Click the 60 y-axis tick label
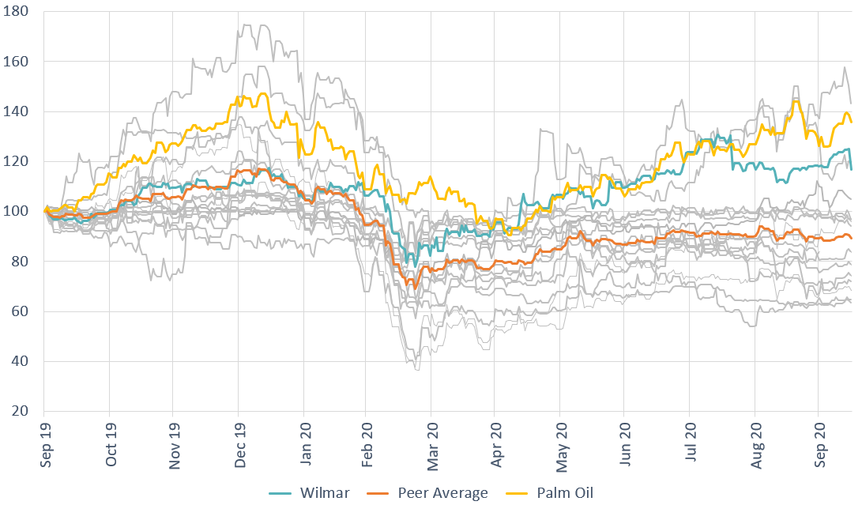click(x=19, y=311)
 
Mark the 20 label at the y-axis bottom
click(x=19, y=412)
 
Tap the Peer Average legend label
click(x=445, y=493)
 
